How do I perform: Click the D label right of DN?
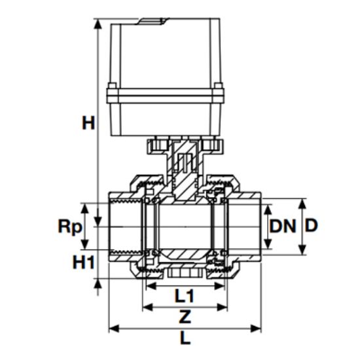coord(312,226)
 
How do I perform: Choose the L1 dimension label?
coord(185,296)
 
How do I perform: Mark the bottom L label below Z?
coord(185,339)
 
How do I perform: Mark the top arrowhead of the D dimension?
coord(302,202)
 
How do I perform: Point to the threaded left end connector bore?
coord(124,226)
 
